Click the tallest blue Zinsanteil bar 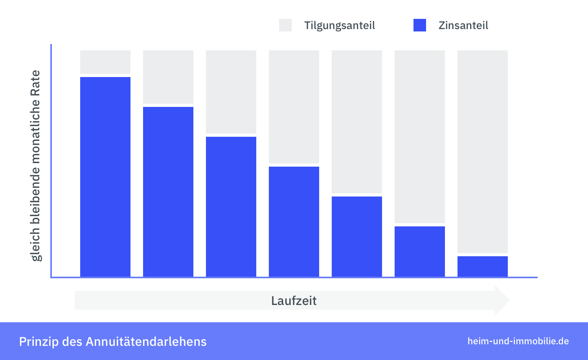pyautogui.click(x=105, y=177)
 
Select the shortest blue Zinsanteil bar pyautogui.click(x=483, y=266)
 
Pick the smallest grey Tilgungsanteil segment pyautogui.click(x=105, y=62)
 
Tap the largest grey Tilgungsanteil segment pyautogui.click(x=483, y=151)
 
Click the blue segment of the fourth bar pyautogui.click(x=294, y=221)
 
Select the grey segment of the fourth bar pyautogui.click(x=294, y=107)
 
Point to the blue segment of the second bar pyautogui.click(x=168, y=191)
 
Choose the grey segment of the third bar pyautogui.click(x=231, y=92)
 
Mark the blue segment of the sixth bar pyautogui.click(x=420, y=251)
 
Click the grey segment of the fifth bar pyautogui.click(x=357, y=121)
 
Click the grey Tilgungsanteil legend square pyautogui.click(x=285, y=25)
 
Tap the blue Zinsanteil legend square pyautogui.click(x=420, y=25)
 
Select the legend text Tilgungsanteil pyautogui.click(x=340, y=26)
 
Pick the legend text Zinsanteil pyautogui.click(x=463, y=26)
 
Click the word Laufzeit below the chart pyautogui.click(x=294, y=301)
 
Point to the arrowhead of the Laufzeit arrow pyautogui.click(x=502, y=300)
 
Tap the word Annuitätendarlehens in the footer pyautogui.click(x=146, y=342)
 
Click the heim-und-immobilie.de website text pyautogui.click(x=518, y=341)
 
